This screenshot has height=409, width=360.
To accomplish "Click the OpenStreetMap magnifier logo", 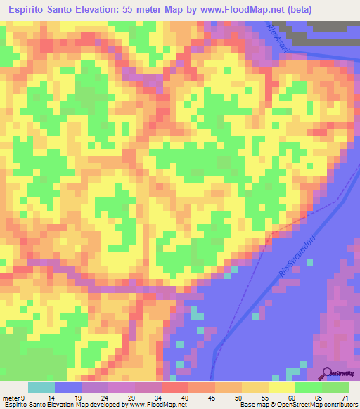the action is [x=328, y=374].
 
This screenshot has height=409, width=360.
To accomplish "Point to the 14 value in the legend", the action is [x=62, y=397].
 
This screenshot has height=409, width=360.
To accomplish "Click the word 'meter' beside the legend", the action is [x=10, y=397].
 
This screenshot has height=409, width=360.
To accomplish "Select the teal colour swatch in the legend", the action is [x=41, y=387].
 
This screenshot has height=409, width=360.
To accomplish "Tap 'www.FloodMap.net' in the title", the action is [x=233, y=10].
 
